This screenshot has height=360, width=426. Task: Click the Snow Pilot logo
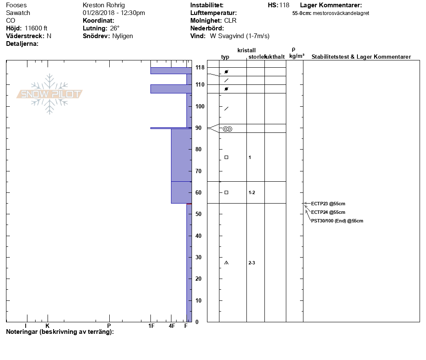coord(50,94)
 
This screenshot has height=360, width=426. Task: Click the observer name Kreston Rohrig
coord(104,5)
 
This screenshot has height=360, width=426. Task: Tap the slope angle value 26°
coord(115,28)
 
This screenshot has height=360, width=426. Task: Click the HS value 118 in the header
coord(284,5)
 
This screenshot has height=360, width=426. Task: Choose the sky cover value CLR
coord(230,21)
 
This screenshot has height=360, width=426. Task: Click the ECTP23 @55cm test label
coord(328,204)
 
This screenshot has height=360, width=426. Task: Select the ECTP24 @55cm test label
coord(328,212)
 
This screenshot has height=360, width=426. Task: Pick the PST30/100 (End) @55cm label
coord(337,221)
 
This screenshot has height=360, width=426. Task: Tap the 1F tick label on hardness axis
coord(151,326)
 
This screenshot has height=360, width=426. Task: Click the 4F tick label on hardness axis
coord(171,326)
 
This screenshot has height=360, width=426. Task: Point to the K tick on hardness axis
coord(48,326)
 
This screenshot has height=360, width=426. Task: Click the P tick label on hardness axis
coord(109,326)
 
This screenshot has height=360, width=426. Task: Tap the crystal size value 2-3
coord(252,263)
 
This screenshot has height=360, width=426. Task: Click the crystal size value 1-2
coord(252,192)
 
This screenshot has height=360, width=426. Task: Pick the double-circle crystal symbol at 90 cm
coord(227,129)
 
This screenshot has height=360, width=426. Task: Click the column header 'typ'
coord(225,57)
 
